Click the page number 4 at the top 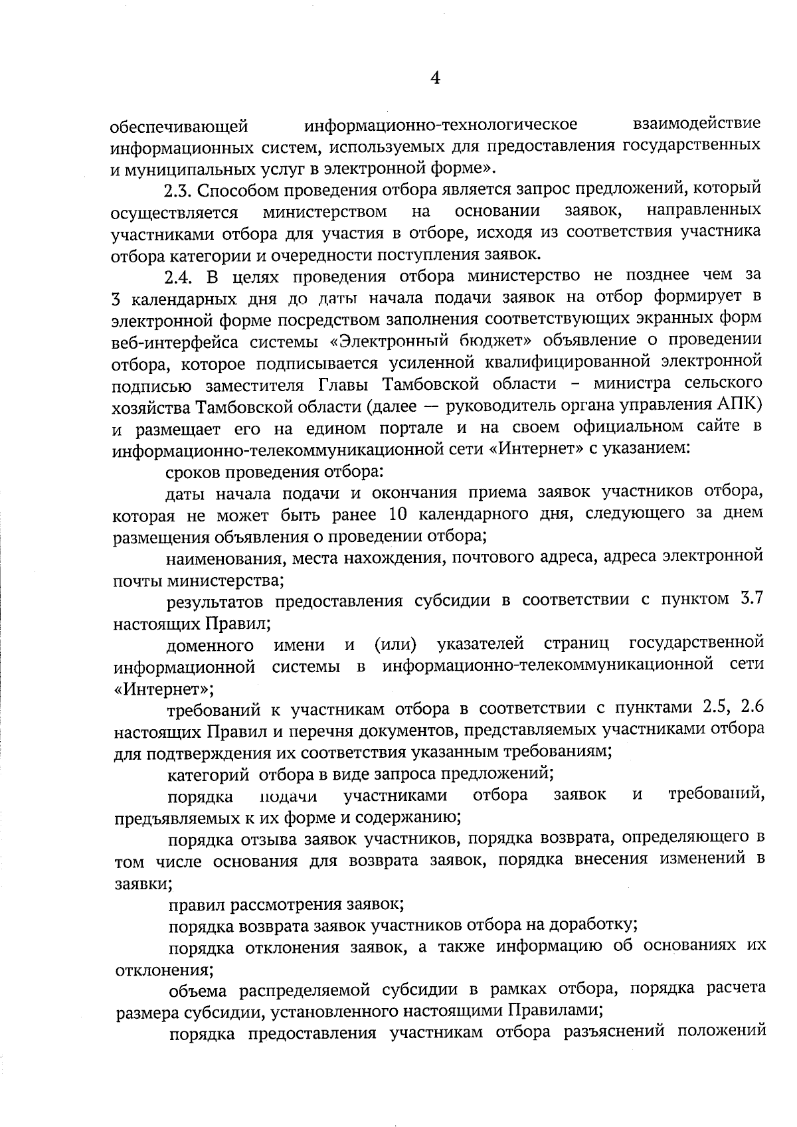(436, 78)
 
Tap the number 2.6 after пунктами (750, 709)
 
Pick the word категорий (208, 774)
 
